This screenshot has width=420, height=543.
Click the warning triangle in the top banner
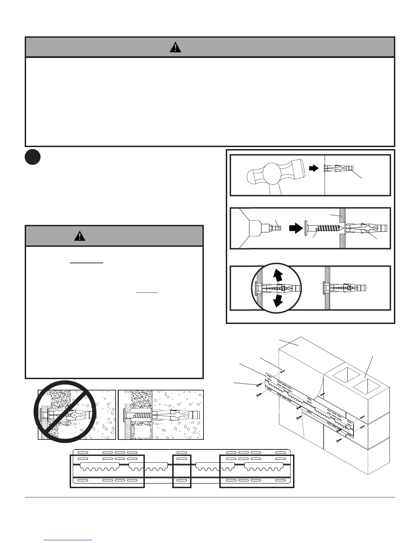tap(175, 47)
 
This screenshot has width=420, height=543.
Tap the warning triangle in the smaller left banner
tap(80, 236)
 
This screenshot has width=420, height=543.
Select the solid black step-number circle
tap(33, 157)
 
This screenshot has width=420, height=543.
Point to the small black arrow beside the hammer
tap(313, 168)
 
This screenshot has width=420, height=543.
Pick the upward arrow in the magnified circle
tap(278, 275)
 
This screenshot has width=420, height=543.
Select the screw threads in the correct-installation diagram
tap(140, 414)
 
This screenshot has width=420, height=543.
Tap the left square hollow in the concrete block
tap(341, 376)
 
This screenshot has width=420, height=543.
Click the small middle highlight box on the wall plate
tap(182, 471)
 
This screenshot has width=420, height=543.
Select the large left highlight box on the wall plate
tap(107, 471)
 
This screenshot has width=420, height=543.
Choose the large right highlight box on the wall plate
tap(257, 471)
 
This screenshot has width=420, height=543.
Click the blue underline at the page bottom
tap(68, 540)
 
